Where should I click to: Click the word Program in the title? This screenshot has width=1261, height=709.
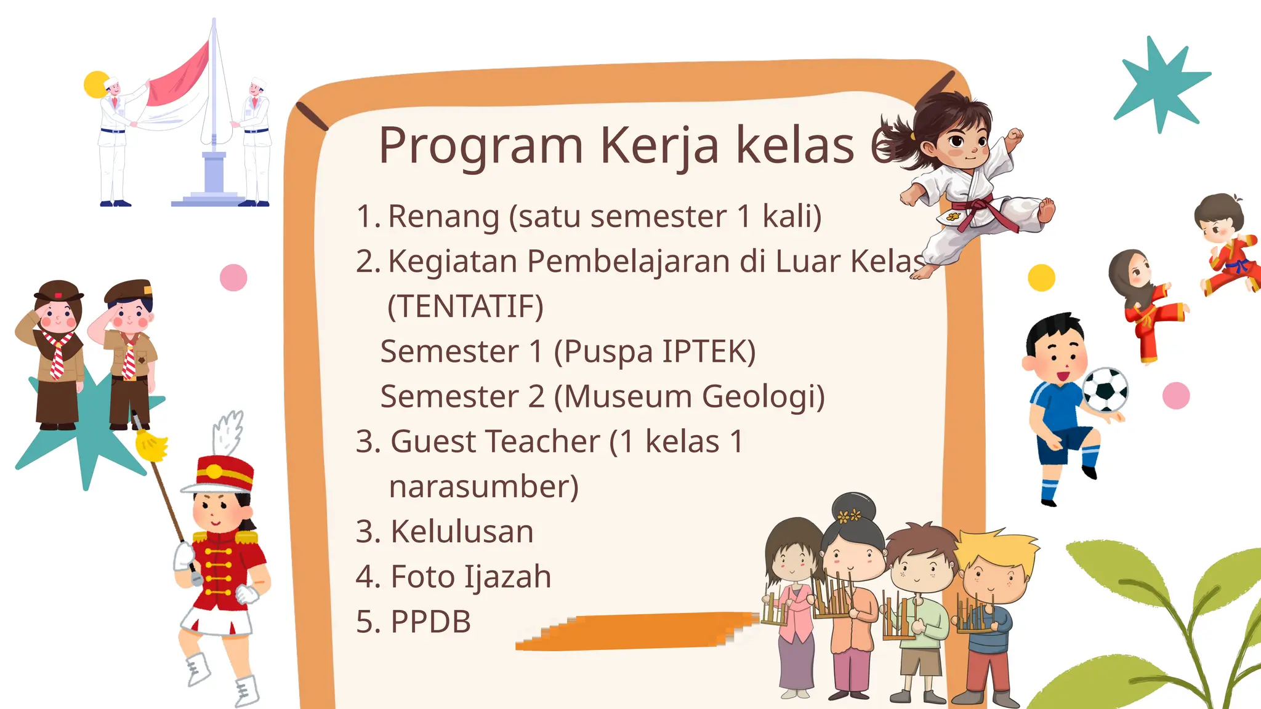tap(480, 146)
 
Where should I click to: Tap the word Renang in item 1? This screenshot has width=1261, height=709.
tap(443, 217)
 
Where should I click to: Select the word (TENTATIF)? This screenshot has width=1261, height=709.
tap(465, 306)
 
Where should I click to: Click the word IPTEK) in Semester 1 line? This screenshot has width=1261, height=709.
tap(709, 351)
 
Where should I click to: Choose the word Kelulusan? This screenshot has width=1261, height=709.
tap(462, 531)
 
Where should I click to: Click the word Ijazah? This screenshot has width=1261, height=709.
tap(507, 577)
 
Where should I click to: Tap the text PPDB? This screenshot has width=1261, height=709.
tap(431, 622)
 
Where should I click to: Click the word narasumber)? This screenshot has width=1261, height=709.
tap(484, 486)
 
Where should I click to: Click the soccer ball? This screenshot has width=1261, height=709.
tap(1105, 390)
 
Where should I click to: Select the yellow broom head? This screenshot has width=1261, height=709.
tap(151, 444)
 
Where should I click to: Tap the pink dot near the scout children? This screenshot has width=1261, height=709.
tap(233, 278)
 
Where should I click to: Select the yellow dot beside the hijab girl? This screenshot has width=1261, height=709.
tap(1041, 278)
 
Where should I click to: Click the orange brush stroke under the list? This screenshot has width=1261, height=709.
tap(634, 631)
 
